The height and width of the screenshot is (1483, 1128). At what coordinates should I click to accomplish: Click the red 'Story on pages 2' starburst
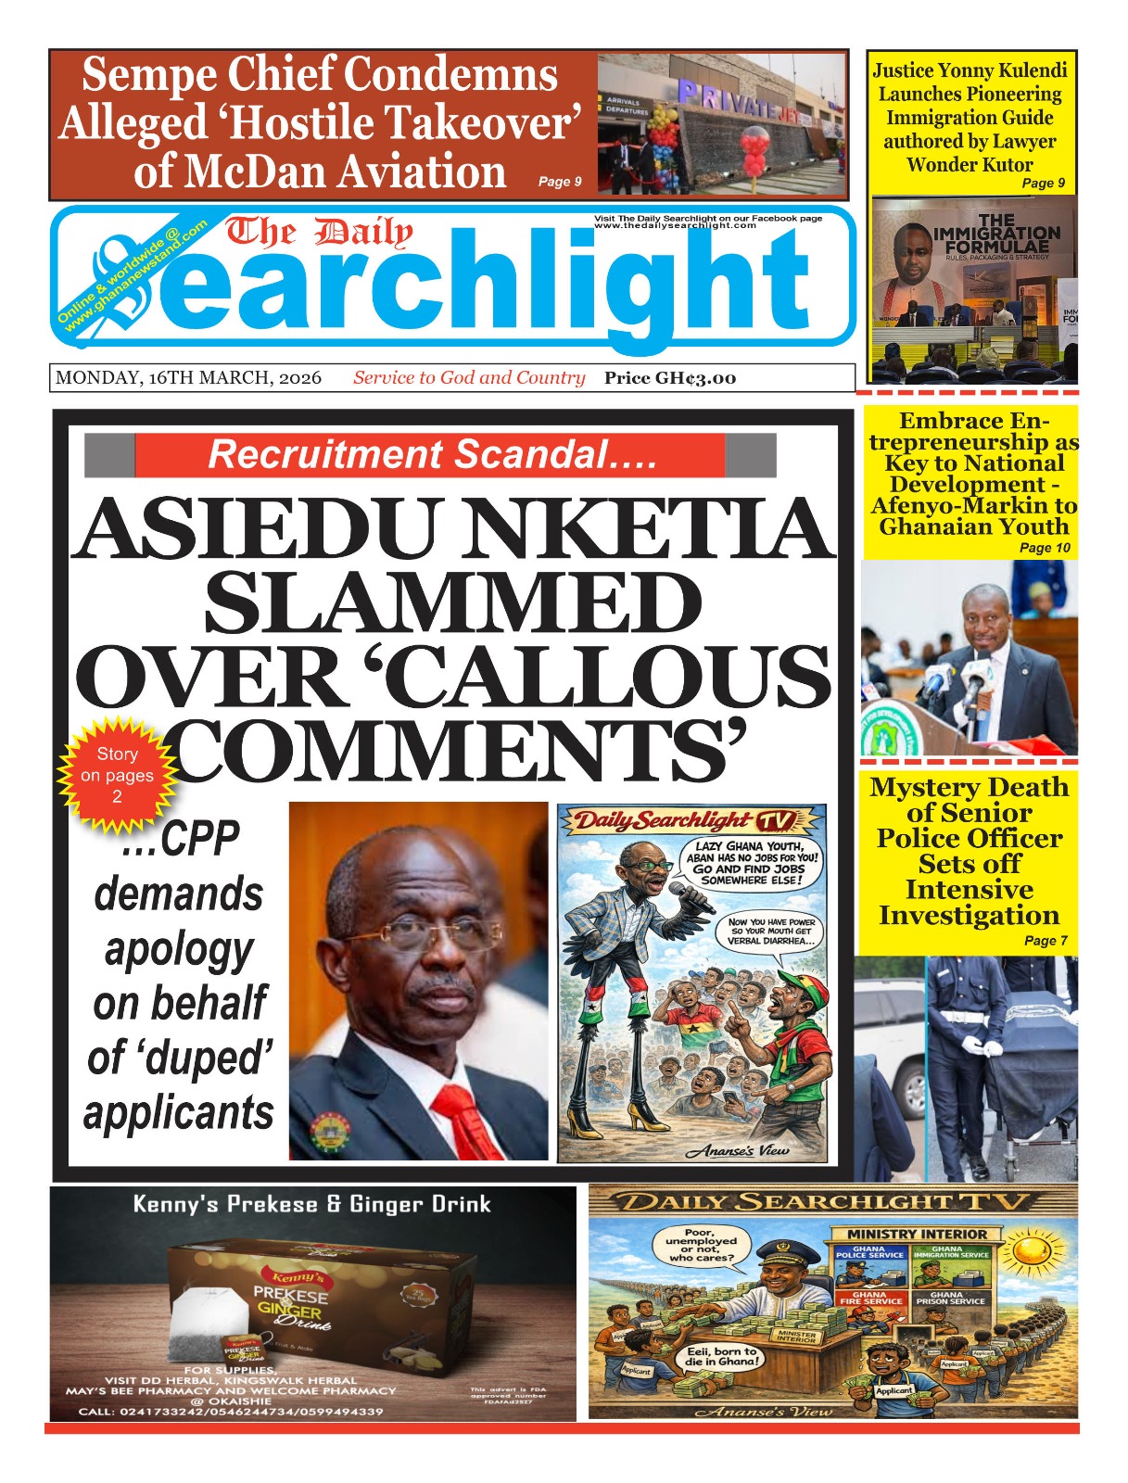[117, 775]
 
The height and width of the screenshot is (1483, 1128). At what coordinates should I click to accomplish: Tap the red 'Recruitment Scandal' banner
[431, 455]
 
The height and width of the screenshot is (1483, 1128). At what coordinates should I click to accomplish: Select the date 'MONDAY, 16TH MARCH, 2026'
[188, 378]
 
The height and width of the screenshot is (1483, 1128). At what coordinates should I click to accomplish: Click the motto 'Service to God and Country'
[469, 378]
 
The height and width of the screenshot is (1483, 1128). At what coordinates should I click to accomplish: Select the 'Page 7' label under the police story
[1046, 941]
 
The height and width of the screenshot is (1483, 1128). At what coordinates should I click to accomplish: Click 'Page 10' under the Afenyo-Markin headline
[1045, 548]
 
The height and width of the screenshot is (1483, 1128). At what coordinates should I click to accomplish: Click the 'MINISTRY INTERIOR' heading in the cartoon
[917, 1234]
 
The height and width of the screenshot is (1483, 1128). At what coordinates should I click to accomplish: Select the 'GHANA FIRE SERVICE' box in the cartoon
[870, 1299]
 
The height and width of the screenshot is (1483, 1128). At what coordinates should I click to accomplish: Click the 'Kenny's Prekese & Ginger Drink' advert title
[311, 1204]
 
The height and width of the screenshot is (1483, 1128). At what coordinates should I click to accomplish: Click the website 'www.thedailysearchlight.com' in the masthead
[675, 226]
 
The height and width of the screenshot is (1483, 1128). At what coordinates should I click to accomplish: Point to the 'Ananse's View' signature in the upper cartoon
[737, 1151]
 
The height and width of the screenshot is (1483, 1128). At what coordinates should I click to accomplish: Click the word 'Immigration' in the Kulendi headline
[970, 118]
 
